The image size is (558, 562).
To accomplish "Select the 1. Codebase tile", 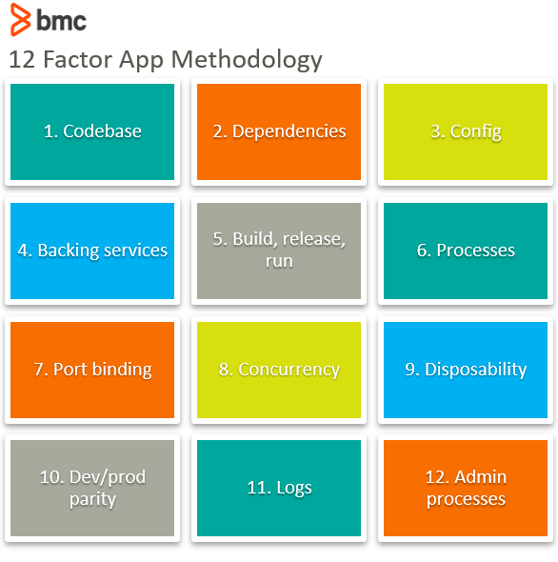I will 92,131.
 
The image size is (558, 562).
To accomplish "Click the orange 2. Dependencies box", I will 279,131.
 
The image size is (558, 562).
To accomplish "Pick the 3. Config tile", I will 466,131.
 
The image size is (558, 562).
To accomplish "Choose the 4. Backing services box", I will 92,251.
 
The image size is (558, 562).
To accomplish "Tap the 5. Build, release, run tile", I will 279,251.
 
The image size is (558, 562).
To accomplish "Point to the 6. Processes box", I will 466,251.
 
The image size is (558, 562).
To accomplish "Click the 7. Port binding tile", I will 92,370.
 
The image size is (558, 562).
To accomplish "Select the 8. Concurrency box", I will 279,370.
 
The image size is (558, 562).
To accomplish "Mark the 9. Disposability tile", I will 466,370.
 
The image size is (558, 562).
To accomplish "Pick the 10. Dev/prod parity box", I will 92,488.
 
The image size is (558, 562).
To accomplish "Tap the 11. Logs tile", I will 279,488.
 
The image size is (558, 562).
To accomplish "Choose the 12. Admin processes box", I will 466,488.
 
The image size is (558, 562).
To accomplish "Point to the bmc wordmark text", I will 62,20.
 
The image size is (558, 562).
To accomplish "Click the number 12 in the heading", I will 22,59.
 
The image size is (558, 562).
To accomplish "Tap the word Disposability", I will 475,370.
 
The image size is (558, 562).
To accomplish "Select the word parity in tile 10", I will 92,499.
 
